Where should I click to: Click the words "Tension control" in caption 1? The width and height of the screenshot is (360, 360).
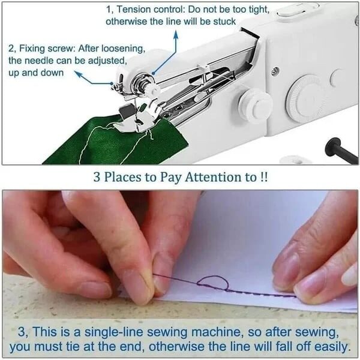coord(148,10)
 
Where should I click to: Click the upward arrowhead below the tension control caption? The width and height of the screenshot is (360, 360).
coord(176,34)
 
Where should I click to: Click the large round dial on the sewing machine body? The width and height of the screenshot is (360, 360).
coord(305,94)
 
